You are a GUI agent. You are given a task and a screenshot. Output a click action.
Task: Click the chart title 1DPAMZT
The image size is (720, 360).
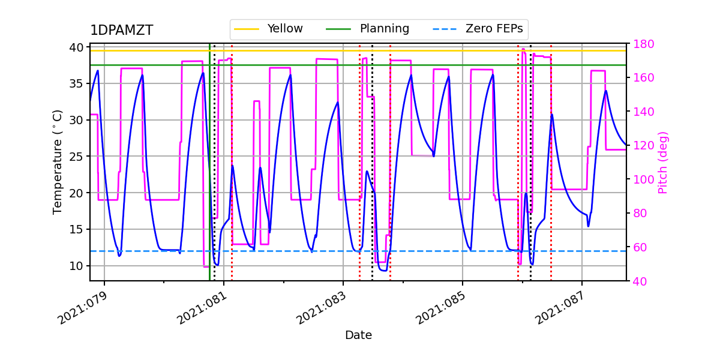(x=121, y=31)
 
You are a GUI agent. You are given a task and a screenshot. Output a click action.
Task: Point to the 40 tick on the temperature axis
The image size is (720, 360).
(x=77, y=47)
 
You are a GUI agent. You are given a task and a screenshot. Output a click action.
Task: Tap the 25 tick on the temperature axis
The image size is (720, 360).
(x=77, y=157)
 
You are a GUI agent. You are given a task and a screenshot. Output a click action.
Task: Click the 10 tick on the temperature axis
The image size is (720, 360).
(x=77, y=266)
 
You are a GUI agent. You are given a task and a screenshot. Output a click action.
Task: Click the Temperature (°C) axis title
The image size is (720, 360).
(x=58, y=162)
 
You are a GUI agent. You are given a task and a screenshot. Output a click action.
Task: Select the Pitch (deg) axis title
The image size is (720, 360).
(x=663, y=162)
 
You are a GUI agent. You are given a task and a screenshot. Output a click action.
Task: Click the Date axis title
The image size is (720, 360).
(x=358, y=335)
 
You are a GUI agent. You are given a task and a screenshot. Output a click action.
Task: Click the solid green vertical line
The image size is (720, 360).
(x=209, y=180)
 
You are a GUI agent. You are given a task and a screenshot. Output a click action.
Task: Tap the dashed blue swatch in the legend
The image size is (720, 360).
(x=444, y=29)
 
